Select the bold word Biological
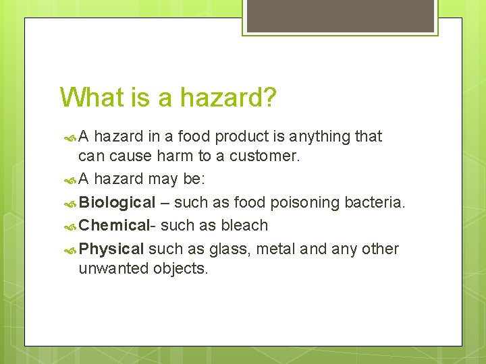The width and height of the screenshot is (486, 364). coord(117,203)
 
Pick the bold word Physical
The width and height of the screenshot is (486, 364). coord(111,249)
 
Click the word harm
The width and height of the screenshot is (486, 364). coord(174,156)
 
